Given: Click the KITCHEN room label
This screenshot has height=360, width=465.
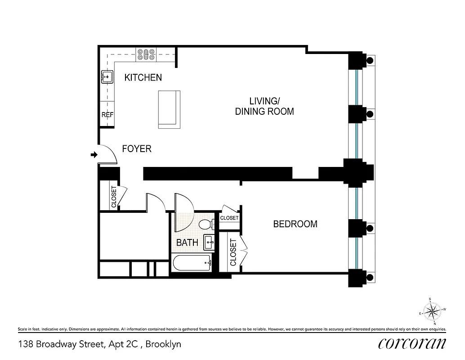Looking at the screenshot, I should [x=143, y=77].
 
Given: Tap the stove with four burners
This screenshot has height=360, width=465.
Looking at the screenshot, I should [x=146, y=54].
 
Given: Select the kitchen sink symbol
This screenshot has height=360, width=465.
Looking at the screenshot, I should [x=107, y=77].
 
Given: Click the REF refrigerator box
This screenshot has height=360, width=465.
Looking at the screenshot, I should [x=107, y=115].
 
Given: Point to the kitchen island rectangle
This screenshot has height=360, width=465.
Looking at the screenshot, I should [x=169, y=109].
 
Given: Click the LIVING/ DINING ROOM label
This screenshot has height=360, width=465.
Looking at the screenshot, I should [x=264, y=106].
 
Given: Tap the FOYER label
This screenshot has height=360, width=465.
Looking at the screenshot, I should [x=137, y=148].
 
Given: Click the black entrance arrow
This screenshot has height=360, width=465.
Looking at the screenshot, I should [x=94, y=155].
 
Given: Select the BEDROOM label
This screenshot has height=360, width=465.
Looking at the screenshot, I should [x=295, y=224].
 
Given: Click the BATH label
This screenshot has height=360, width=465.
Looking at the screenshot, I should [x=187, y=243].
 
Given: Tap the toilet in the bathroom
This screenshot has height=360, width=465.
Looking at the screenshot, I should [x=207, y=224].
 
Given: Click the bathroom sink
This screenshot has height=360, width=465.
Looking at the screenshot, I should [x=209, y=242].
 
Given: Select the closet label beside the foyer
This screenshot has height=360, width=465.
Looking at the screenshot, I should [x=114, y=197].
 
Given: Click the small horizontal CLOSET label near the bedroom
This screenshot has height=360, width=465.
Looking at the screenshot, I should [x=229, y=218].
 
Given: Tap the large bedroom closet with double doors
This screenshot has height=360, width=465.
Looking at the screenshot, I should [x=233, y=252].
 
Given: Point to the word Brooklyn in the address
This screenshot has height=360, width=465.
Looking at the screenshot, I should [x=164, y=344].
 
